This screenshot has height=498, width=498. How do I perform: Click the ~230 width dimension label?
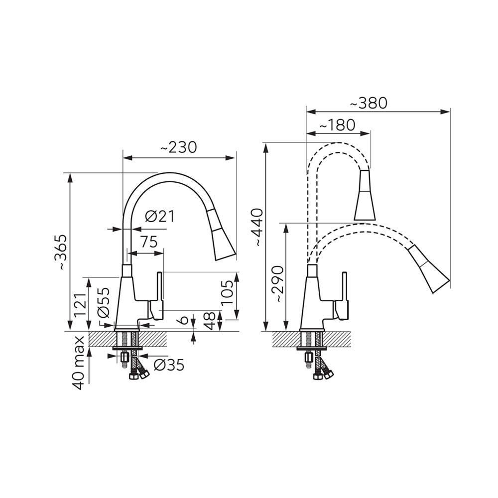[178, 147]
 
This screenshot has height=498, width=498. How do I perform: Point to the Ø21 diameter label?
[160, 217]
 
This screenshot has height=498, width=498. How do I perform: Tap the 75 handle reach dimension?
[149, 242]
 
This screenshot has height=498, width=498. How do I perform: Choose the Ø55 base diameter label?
[103, 302]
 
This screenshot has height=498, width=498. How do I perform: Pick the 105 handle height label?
[228, 292]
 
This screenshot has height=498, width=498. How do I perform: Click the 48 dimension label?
[210, 321]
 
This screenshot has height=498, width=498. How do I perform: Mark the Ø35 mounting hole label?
[169, 365]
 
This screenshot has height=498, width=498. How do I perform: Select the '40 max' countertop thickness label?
[79, 363]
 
